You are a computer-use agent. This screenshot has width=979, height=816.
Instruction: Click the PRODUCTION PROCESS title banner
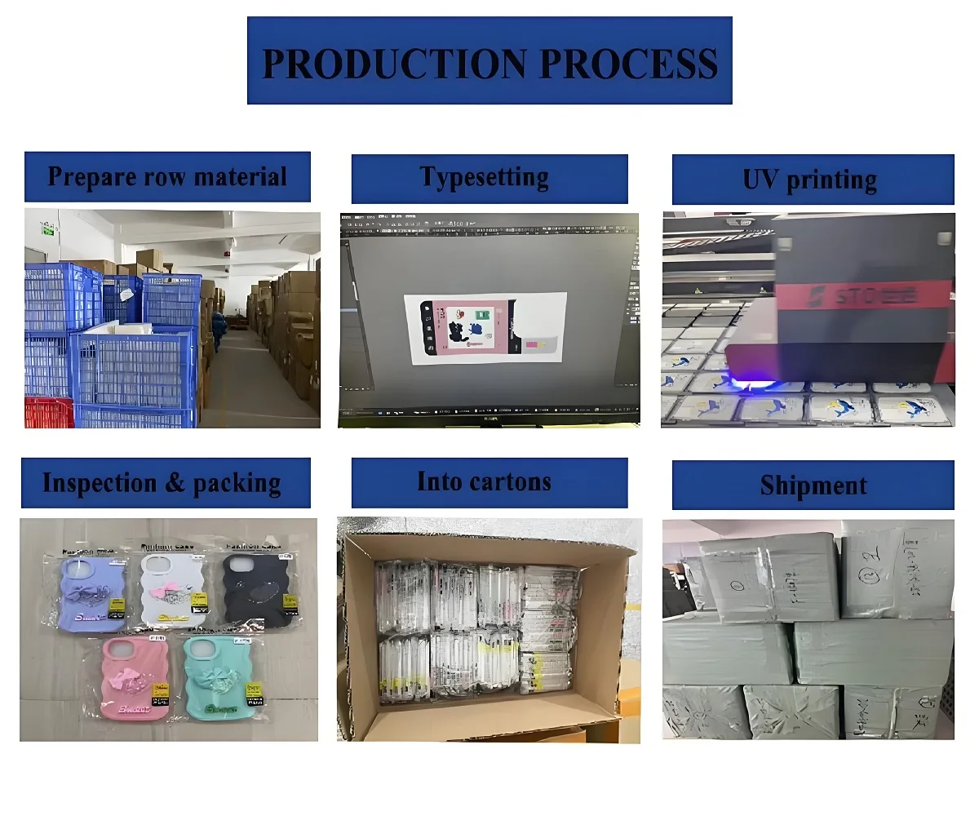click(x=489, y=61)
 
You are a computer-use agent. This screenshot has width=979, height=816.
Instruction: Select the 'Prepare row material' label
click(x=167, y=176)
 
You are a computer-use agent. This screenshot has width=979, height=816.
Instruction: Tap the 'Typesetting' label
click(x=489, y=178)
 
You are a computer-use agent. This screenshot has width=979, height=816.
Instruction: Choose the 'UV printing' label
click(x=813, y=180)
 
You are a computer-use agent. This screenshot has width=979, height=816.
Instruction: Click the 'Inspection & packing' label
click(x=165, y=483)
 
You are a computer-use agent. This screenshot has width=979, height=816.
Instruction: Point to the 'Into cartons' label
click(x=489, y=482)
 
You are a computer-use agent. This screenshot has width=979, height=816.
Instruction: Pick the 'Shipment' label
click(x=813, y=486)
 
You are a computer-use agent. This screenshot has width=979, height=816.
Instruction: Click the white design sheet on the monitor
click(x=485, y=328)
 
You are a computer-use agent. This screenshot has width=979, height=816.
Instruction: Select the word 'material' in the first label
click(x=241, y=176)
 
